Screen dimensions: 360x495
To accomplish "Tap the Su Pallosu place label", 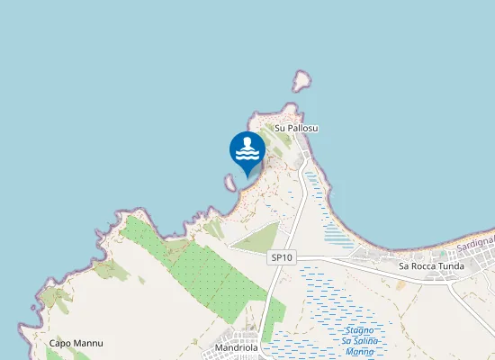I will pos(297,129).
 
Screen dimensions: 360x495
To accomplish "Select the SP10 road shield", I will pos(282,257).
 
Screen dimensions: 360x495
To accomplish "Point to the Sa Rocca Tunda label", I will pos(431,266).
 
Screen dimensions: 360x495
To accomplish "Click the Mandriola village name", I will pos(238,347).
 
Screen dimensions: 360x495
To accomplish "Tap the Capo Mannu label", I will pos(76,344).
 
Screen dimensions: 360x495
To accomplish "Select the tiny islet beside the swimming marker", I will pos(231,183).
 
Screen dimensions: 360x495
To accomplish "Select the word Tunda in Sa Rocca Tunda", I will pos(449,266).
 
